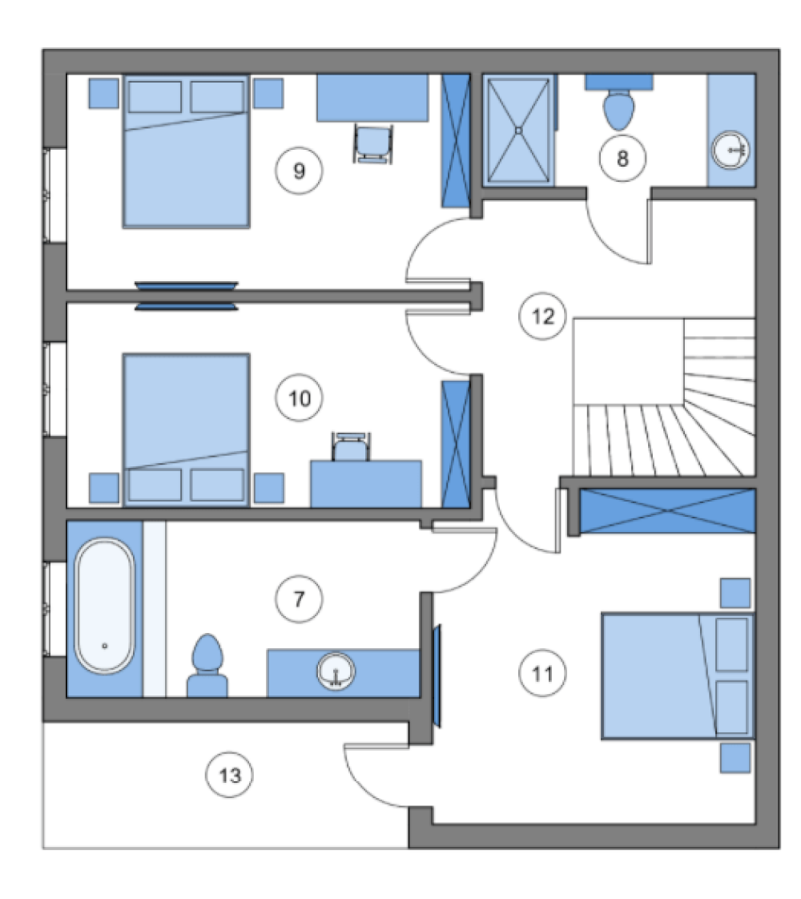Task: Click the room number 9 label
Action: [x=299, y=171]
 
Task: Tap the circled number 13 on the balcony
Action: [x=230, y=776]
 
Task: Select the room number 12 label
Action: [x=543, y=316]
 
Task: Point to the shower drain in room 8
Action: [x=518, y=131]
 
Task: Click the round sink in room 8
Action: [x=731, y=150]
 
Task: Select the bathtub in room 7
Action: [x=105, y=606]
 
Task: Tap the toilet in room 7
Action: [x=207, y=666]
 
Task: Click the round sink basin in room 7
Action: [x=336, y=671]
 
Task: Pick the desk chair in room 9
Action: [x=373, y=143]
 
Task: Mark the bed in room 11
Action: [x=678, y=676]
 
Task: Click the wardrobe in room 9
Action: [x=456, y=141]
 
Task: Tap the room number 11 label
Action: [x=542, y=673]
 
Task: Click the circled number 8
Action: [x=623, y=158]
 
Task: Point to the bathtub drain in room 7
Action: [x=105, y=646]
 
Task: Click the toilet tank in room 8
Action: [x=619, y=82]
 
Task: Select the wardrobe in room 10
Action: [x=456, y=445]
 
